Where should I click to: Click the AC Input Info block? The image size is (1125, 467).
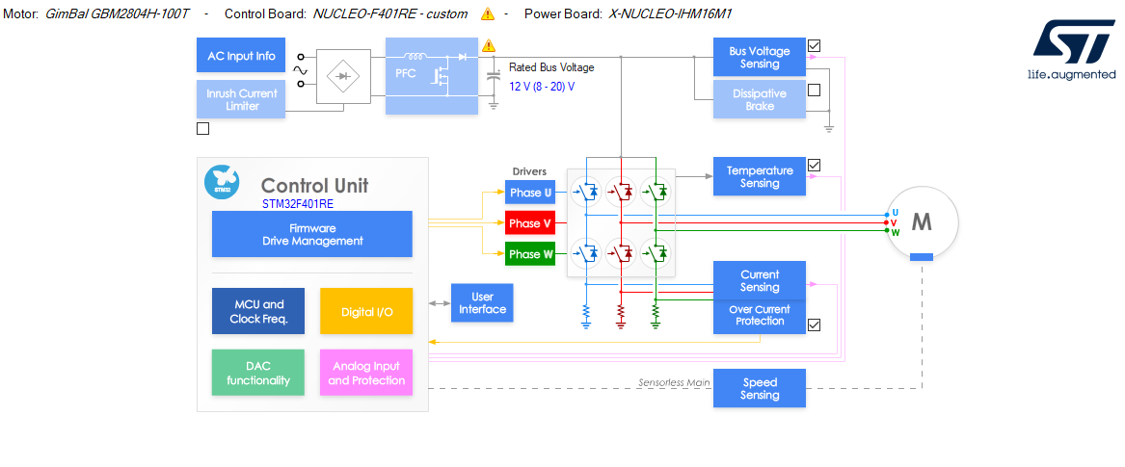241,56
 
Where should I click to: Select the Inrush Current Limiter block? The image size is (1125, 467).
241,99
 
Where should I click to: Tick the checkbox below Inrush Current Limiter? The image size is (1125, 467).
202,128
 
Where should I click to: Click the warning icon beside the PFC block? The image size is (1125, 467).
488,45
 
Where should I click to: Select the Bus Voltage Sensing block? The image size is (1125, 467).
759,58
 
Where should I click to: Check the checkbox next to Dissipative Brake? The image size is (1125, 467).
814,91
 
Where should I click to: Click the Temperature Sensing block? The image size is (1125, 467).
759,176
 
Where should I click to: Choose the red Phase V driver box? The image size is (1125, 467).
530,223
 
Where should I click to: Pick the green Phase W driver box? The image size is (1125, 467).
530,254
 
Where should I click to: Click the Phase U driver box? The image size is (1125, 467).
530,193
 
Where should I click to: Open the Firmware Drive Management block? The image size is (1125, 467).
311,234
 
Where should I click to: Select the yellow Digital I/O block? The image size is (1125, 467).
365,311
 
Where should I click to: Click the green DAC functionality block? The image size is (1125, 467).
257,373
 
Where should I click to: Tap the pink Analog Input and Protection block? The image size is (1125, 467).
365,373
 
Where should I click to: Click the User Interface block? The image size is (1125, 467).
482,303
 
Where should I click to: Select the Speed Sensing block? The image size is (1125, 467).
759,388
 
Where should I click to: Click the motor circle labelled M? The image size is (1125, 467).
921,222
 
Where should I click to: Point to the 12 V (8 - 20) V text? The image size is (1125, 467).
542,86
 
